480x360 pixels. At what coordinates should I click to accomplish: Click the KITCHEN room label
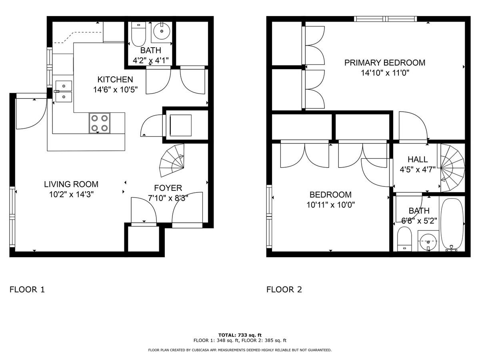click(115, 79)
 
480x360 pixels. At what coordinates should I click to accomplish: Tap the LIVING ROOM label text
click(71, 184)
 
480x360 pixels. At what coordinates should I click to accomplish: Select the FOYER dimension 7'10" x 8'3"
click(168, 197)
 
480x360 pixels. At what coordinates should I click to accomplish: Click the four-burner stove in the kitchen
click(100, 123)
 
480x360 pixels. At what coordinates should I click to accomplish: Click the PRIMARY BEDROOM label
click(384, 63)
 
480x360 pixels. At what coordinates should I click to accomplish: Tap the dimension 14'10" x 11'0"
click(384, 73)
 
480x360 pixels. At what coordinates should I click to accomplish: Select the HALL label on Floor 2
click(418, 159)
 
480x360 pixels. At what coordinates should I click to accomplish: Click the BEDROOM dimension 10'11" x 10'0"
click(330, 205)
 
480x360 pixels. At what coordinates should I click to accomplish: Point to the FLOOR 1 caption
click(27, 290)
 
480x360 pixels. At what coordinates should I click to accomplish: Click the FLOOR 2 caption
click(284, 290)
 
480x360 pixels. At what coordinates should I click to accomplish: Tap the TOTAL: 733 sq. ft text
click(240, 335)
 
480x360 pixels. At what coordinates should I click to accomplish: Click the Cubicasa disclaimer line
click(240, 350)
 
